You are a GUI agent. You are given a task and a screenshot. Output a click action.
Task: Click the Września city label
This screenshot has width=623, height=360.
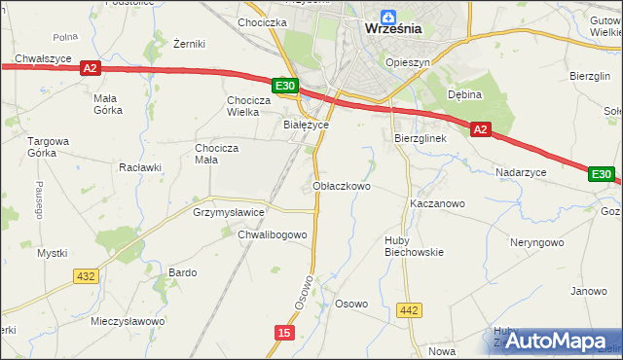(393, 28)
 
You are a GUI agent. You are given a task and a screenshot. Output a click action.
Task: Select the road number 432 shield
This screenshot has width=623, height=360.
(86, 276)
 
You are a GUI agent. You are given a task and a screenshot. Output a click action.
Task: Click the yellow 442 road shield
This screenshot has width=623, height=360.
(410, 310)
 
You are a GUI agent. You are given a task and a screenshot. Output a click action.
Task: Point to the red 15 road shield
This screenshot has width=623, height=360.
(283, 333)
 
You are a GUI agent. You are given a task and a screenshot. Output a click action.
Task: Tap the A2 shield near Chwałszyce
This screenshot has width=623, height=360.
(91, 68)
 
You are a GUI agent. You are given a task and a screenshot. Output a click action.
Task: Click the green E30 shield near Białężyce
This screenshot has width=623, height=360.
(284, 87)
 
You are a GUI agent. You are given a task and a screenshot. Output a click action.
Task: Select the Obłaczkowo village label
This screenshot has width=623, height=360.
(341, 185)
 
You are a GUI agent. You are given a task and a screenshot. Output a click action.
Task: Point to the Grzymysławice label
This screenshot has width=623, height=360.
(229, 211)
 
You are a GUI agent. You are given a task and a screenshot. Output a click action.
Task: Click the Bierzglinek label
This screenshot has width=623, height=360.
(420, 139)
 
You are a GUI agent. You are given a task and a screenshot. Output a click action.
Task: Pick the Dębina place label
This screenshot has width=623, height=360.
(465, 95)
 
